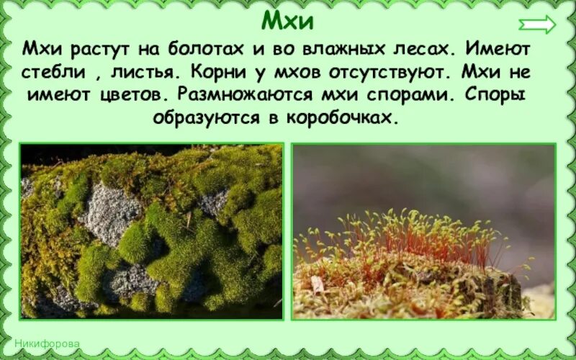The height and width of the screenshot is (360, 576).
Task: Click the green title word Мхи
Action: click(x=287, y=20)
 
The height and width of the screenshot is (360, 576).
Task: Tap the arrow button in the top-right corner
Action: click(x=538, y=24)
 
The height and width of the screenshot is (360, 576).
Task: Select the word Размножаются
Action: click(x=250, y=94)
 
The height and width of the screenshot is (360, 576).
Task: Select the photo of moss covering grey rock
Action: click(x=151, y=230)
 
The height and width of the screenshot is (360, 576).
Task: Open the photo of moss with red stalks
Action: click(x=423, y=230)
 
